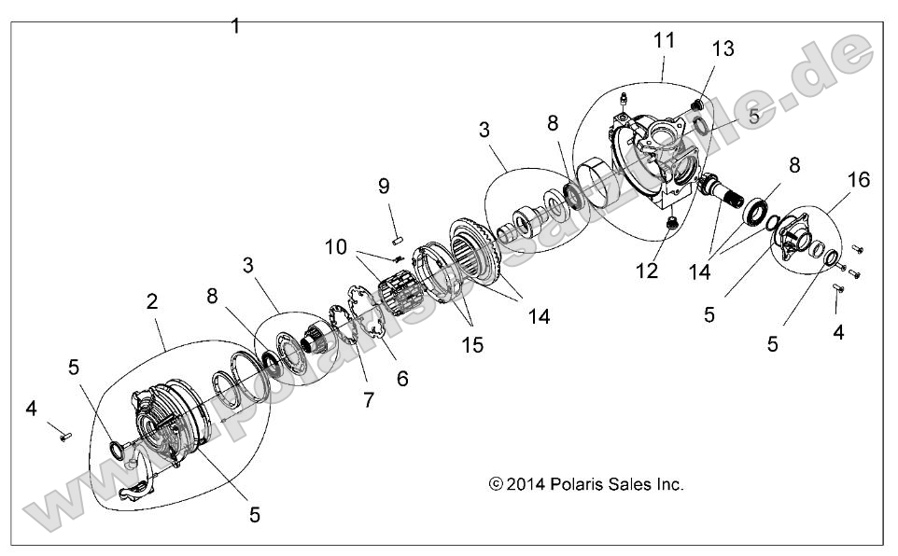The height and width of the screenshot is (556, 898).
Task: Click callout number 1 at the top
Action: point(235,26)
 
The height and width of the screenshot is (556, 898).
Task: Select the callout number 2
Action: point(151,301)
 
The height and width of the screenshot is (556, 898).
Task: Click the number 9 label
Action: point(384,186)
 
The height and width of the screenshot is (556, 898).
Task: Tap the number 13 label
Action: point(723,49)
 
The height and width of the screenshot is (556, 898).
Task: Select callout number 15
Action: point(472,344)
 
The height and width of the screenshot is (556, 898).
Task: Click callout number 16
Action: point(858,179)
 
